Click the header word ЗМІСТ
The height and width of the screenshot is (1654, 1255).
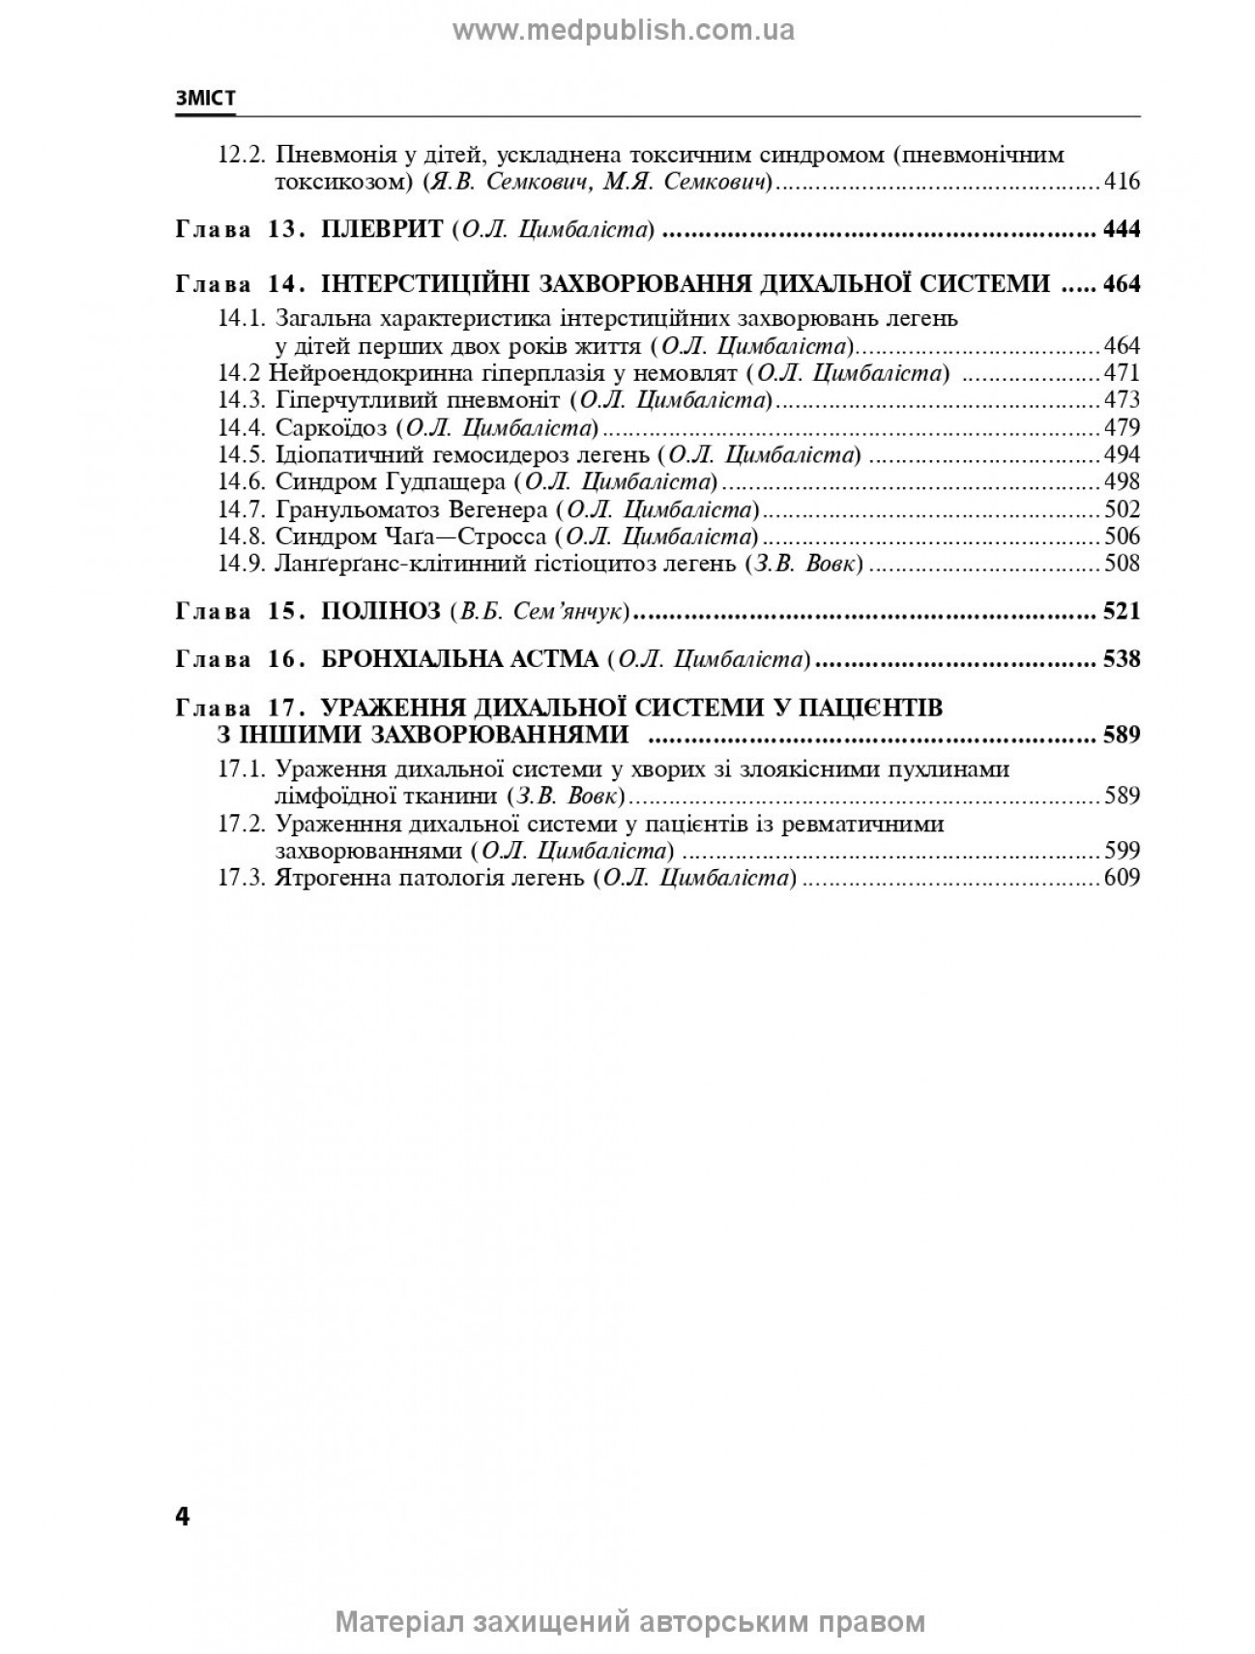point(205,100)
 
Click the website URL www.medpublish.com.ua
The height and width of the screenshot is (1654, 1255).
point(624,31)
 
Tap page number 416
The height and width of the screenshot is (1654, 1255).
point(1122,181)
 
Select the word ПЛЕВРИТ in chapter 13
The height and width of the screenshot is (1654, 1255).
point(381,229)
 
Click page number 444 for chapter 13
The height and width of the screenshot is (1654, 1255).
point(1122,229)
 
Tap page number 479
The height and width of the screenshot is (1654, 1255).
point(1122,427)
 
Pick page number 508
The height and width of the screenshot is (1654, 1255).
point(1122,563)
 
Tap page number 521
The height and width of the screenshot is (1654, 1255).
point(1122,611)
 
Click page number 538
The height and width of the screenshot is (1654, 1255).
point(1122,659)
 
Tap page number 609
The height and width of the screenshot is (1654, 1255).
point(1122,878)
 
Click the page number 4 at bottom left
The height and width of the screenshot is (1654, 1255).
point(183,1516)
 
